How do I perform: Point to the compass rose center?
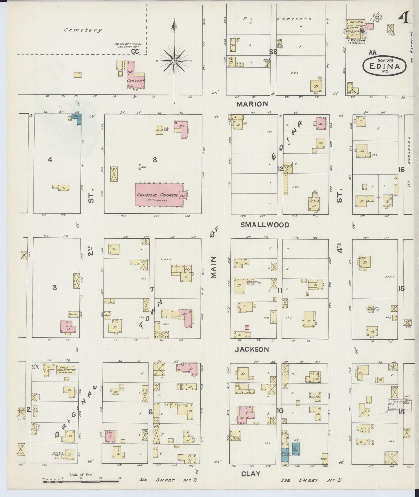pyautogui.click(x=174, y=61)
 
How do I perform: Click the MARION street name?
pyautogui.click(x=252, y=104)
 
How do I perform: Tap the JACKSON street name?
pyautogui.click(x=252, y=349)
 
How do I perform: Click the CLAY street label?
pyautogui.click(x=251, y=474)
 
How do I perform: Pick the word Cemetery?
pyautogui.click(x=83, y=30)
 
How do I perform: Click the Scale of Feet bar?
pyautogui.click(x=81, y=481)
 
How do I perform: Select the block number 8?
pyautogui.click(x=155, y=159)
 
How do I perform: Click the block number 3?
pyautogui.click(x=54, y=288)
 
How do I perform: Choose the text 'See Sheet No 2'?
pyautogui.click(x=168, y=480)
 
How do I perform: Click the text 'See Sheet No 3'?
pyautogui.click(x=312, y=480)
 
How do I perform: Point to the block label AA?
pyautogui.click(x=373, y=52)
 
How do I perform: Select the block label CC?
pyautogui.click(x=135, y=51)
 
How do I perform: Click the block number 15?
pyautogui.click(x=401, y=289)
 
